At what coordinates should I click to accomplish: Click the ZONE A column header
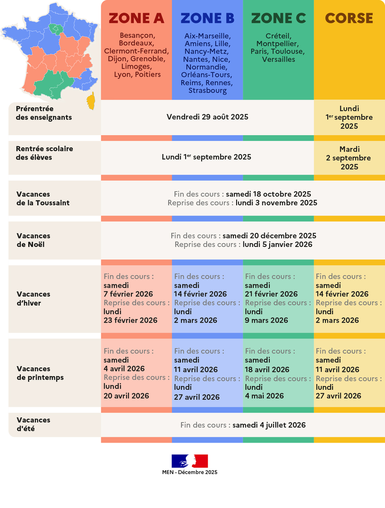point(136,18)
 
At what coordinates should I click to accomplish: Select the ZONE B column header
point(208,18)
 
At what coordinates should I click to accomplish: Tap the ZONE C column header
point(278,18)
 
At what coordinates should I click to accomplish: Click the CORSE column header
point(349,18)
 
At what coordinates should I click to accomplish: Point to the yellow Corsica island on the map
point(91,102)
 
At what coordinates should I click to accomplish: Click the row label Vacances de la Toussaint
point(43,199)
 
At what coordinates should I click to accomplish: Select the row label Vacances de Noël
point(33,240)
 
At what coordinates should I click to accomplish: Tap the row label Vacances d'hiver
point(33,298)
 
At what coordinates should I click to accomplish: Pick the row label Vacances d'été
point(33,424)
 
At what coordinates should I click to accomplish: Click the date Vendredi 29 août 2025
point(207,117)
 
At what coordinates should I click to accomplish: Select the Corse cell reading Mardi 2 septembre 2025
point(349,158)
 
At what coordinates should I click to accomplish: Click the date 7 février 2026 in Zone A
point(128,294)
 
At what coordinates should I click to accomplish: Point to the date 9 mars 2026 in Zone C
point(266,320)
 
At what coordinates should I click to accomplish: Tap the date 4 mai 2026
point(264,396)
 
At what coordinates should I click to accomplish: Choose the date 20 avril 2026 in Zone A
point(126,396)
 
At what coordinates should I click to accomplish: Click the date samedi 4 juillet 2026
point(269,425)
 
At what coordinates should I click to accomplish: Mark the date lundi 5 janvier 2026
point(277,245)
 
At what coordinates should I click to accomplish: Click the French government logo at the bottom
point(189,461)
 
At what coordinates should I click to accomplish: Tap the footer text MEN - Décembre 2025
point(190,472)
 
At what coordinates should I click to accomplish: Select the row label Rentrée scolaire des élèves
point(44,153)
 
